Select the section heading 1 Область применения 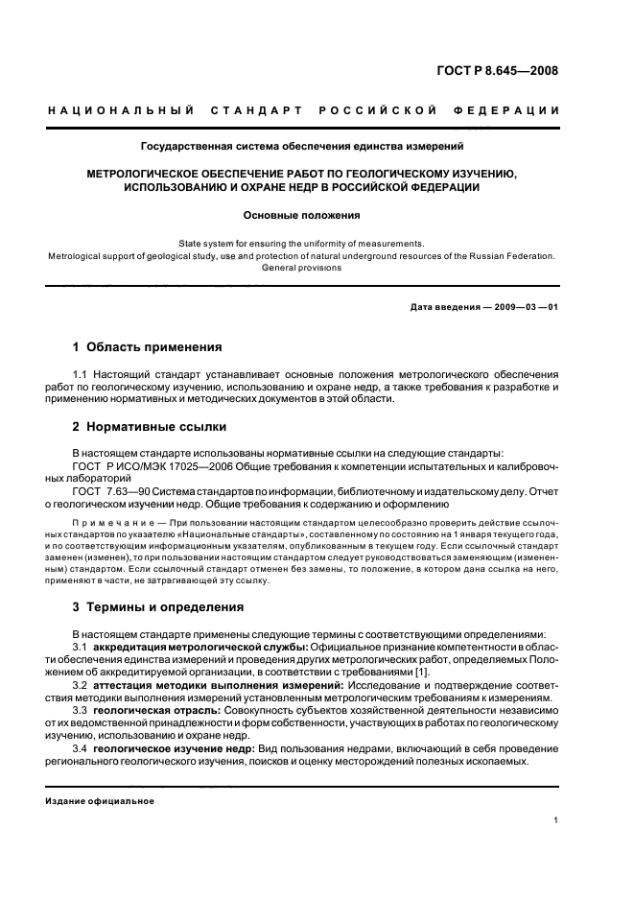(148, 346)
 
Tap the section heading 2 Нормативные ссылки (150, 426)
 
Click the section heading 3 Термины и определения (158, 606)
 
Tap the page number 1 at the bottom (556, 820)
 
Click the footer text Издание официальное (101, 801)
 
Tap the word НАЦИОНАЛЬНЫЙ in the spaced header (122, 111)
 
